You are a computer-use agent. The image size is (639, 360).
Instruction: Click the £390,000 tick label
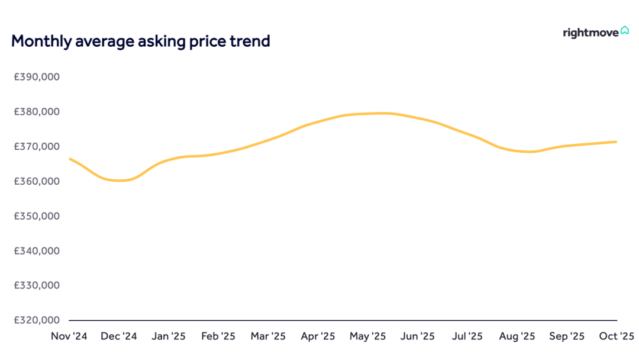[37, 76]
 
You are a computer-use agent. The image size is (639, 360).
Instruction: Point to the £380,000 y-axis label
[37, 111]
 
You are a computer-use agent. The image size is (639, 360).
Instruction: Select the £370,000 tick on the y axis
[37, 146]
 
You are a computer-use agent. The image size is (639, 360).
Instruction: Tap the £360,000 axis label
[37, 181]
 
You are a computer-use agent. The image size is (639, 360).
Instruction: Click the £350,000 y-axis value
[37, 216]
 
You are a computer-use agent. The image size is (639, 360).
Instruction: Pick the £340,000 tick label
[37, 250]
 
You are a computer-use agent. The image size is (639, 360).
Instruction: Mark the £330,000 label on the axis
[37, 285]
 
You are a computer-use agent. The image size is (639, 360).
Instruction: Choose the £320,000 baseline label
[37, 320]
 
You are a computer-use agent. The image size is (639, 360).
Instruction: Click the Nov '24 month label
[69, 336]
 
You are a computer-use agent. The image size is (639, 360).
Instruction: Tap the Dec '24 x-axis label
[118, 336]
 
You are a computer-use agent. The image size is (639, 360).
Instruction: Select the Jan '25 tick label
[169, 336]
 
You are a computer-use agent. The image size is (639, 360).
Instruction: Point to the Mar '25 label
[268, 336]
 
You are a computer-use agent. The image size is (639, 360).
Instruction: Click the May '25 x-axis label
[367, 336]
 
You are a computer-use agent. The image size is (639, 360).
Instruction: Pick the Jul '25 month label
[467, 336]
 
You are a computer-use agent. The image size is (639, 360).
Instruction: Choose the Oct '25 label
[616, 336]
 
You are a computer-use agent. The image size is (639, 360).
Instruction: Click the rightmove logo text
[590, 33]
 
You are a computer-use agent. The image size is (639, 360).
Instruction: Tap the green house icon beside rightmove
[625, 30]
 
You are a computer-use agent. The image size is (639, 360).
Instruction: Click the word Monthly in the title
[41, 41]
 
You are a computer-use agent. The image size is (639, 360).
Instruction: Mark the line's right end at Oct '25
[616, 142]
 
